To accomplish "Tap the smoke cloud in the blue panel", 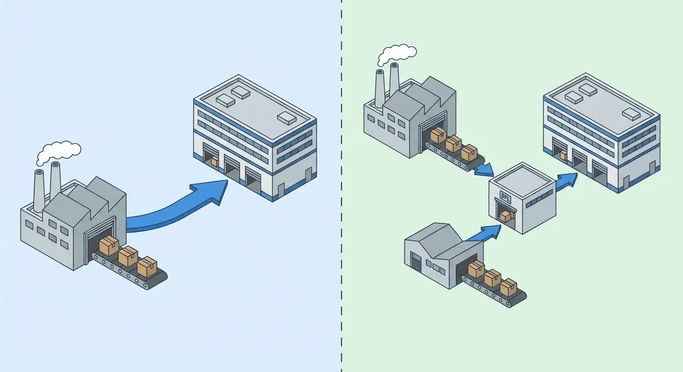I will [58, 152].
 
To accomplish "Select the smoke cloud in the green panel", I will [397, 54].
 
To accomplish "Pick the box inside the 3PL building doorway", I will [505, 217].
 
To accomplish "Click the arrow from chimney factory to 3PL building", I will [484, 170].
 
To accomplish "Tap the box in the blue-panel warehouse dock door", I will [214, 161].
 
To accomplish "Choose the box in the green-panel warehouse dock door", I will [563, 155].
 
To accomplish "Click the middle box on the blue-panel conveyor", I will [128, 256].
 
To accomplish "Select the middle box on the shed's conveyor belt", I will [492, 278].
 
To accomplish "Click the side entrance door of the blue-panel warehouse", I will [308, 175].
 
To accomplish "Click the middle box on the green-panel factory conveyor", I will [454, 144].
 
